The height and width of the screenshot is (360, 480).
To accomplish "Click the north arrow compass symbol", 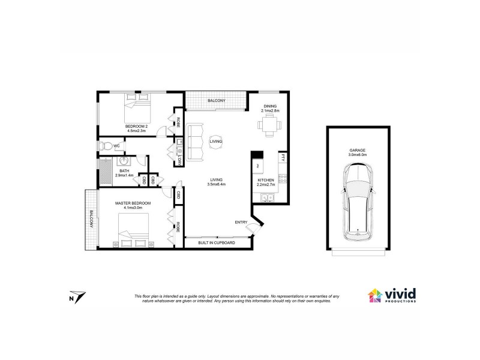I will [77, 296].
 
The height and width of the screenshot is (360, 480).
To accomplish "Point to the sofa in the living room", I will [194, 142].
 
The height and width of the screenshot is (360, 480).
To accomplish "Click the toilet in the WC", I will [106, 146].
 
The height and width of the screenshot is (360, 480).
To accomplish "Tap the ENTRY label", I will [241, 223].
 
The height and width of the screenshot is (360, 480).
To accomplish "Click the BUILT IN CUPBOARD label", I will [217, 242].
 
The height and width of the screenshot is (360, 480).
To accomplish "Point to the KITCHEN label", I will [266, 180].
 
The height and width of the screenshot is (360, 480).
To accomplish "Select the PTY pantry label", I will [281, 158].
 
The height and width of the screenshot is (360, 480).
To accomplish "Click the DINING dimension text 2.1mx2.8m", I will [271, 111].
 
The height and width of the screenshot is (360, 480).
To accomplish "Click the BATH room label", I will [124, 171].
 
